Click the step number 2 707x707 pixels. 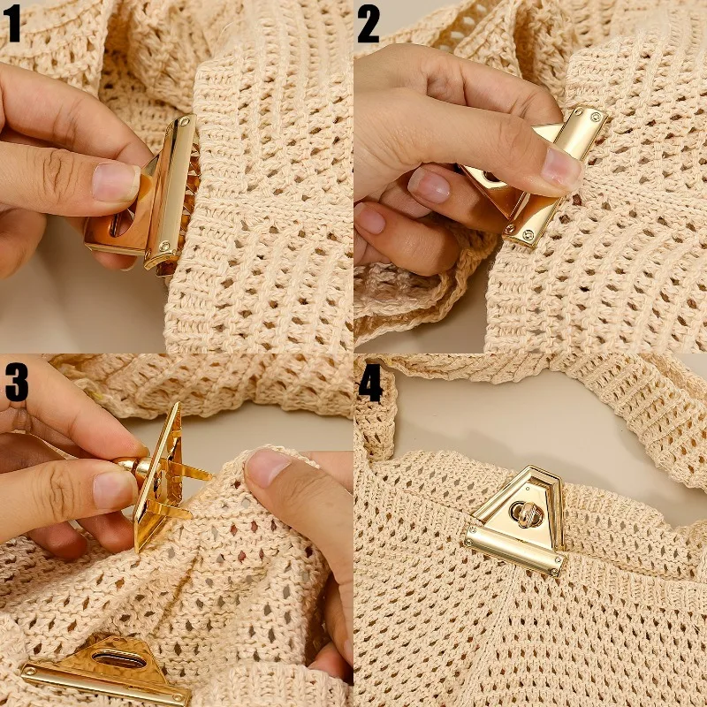pos(368,25)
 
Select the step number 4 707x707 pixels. pos(370,381)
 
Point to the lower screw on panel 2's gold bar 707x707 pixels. pos(528,234)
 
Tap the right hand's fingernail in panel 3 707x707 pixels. pos(264,467)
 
